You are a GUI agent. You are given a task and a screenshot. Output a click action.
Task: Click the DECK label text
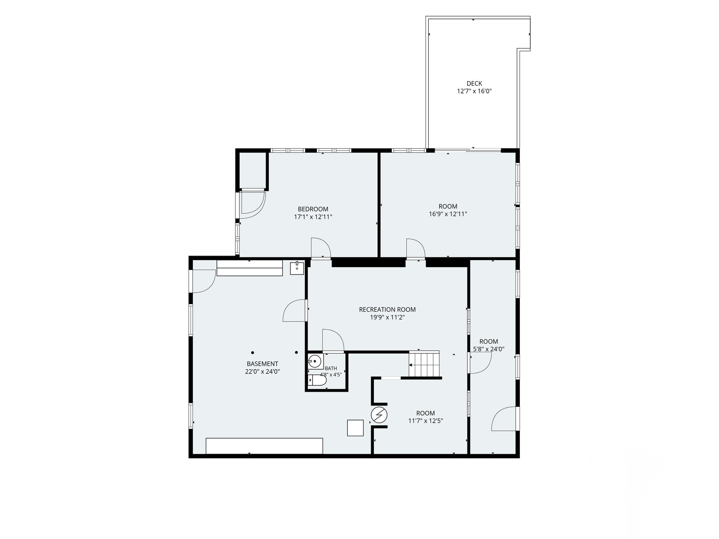(474, 84)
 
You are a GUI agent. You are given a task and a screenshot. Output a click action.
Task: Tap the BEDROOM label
(313, 209)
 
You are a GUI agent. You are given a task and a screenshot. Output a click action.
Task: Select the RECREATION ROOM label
(387, 309)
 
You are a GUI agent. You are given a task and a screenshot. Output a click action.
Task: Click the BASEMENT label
(262, 364)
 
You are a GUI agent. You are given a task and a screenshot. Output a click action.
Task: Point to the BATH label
(331, 368)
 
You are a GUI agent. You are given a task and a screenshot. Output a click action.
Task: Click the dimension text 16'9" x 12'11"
(448, 214)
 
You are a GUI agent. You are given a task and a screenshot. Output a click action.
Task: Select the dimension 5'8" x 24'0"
(488, 349)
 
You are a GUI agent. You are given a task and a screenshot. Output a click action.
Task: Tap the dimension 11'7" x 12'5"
(426, 421)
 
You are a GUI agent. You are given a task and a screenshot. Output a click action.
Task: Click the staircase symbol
(424, 364)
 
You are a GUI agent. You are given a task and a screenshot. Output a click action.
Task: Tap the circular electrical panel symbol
(379, 415)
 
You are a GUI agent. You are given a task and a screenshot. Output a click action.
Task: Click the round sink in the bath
(315, 362)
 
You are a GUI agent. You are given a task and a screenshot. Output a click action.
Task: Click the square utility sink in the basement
(297, 268)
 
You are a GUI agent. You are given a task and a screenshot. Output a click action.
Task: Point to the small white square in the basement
(355, 428)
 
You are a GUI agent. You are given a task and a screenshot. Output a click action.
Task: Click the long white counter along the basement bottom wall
(264, 446)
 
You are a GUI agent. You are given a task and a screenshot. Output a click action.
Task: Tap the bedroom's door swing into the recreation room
(321, 248)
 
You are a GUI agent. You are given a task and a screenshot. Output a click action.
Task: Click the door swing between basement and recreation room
(295, 310)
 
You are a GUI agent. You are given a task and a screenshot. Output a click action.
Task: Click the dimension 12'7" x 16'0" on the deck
(474, 91)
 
